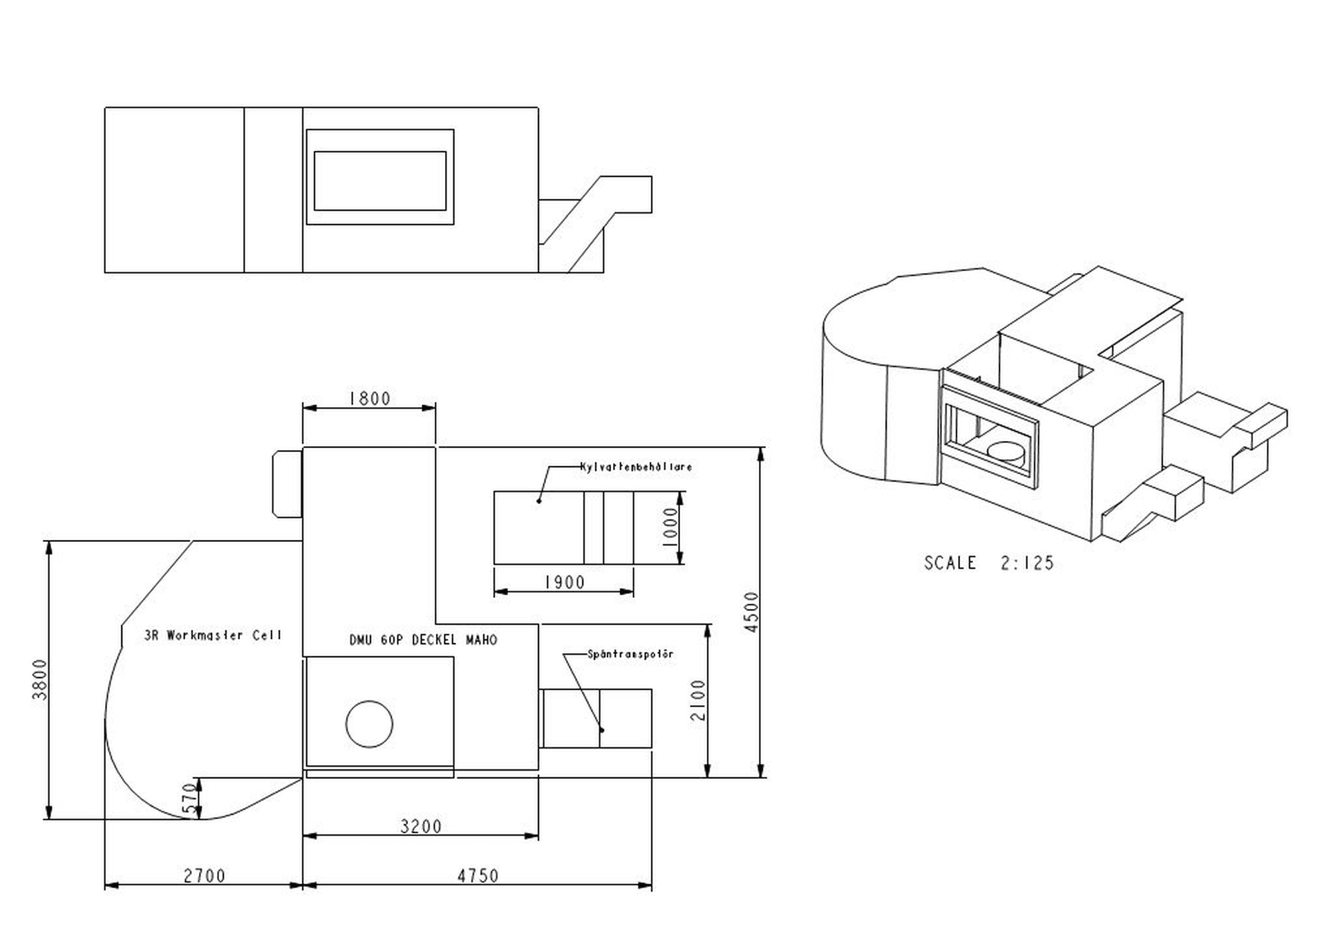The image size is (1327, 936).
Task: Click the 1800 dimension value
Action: click(x=370, y=399)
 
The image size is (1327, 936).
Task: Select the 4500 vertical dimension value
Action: click(x=752, y=612)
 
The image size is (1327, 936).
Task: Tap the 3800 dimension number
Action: click(x=40, y=680)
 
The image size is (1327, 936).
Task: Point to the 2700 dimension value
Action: click(x=205, y=876)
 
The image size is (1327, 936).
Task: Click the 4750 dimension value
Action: click(x=478, y=876)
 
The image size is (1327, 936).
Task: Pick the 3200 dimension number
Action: click(x=421, y=826)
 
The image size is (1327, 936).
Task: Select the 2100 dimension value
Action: click(x=698, y=700)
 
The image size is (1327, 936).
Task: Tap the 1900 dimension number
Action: click(x=564, y=583)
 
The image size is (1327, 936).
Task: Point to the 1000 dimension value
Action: click(x=670, y=527)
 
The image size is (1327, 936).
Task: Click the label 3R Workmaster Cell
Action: click(x=213, y=635)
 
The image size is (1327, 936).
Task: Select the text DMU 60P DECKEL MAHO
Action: click(x=423, y=640)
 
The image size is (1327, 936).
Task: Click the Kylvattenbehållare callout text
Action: click(x=636, y=467)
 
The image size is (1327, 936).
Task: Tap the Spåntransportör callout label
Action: click(x=630, y=654)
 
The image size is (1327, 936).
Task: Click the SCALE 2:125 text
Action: click(x=989, y=563)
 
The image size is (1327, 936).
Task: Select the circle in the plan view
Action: click(x=369, y=724)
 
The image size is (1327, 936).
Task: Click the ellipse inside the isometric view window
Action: click(x=1006, y=451)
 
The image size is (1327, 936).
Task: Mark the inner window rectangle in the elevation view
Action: click(x=379, y=180)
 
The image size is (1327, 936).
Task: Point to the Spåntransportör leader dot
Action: click(x=601, y=730)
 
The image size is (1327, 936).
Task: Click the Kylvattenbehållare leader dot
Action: click(x=538, y=500)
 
